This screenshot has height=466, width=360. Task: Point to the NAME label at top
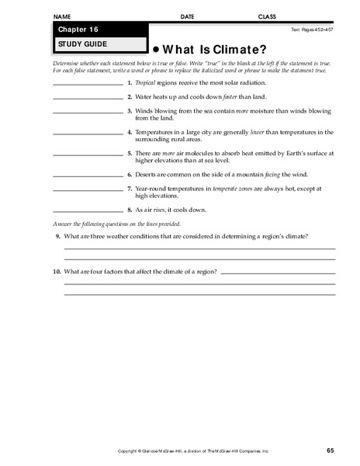(61, 16)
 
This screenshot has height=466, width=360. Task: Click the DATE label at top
(187, 16)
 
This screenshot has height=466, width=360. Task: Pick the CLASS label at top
(267, 16)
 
